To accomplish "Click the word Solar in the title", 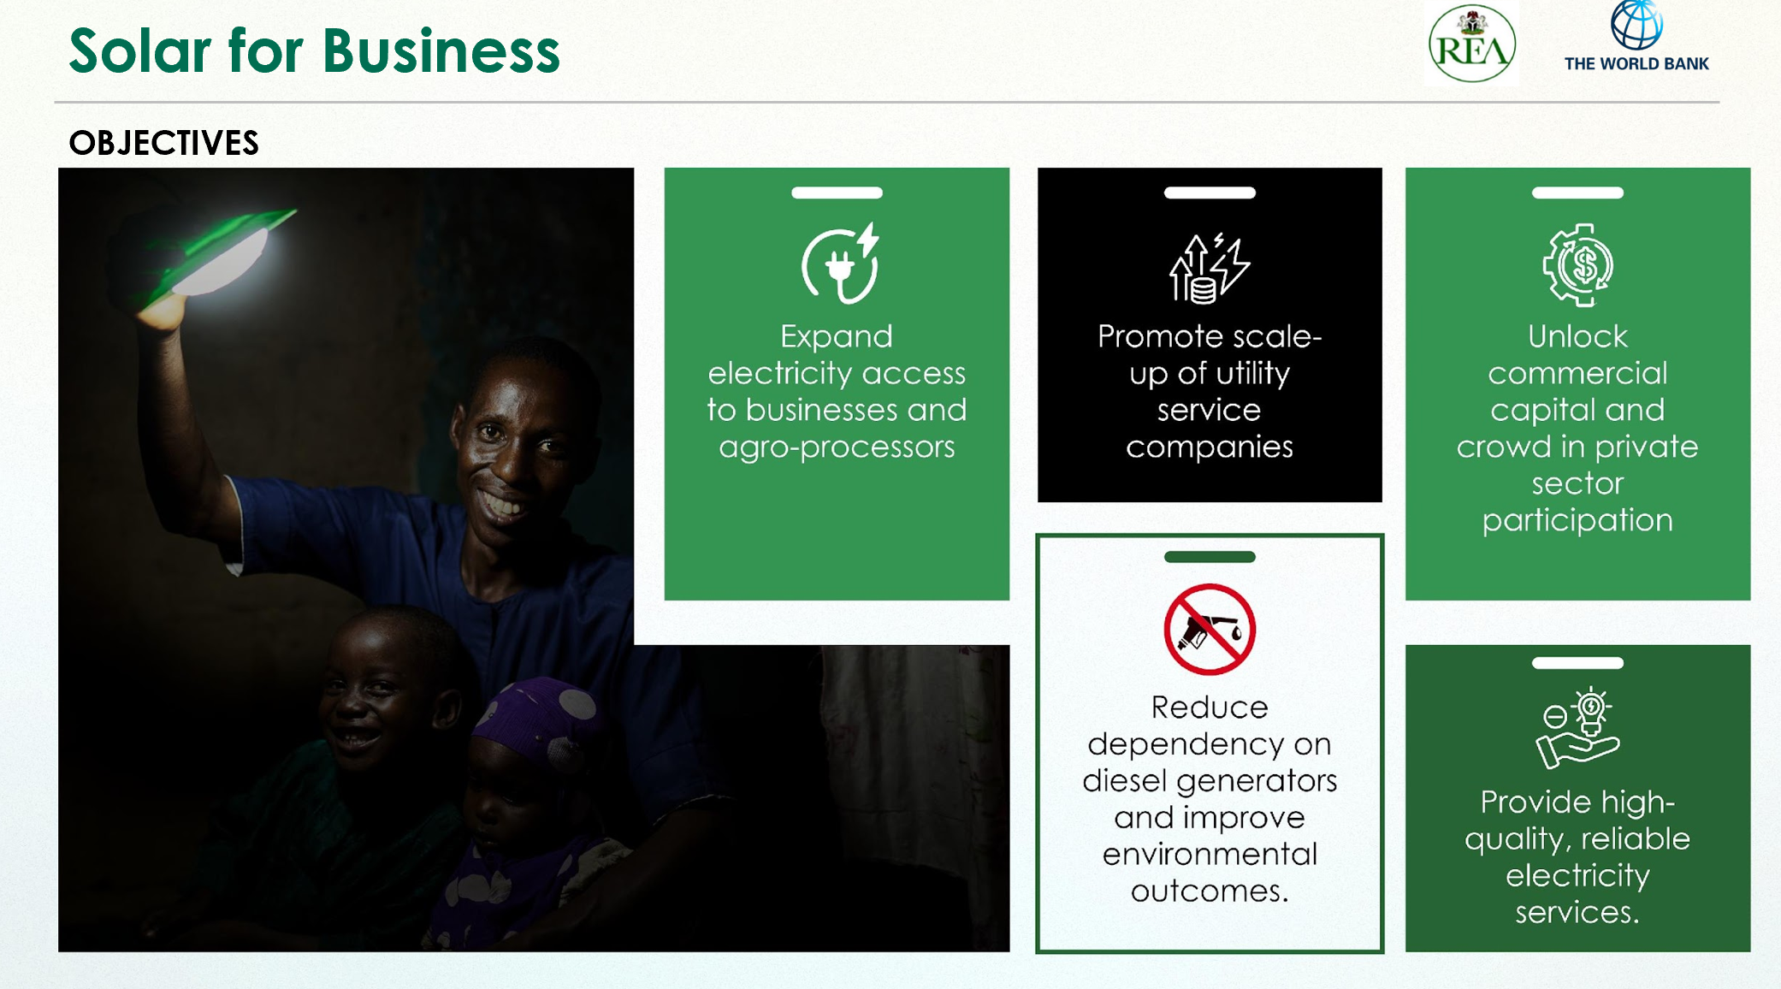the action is point(140,50).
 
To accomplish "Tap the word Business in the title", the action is point(441,50).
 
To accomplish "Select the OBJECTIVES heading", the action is point(163,143).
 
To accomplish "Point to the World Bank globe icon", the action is point(1636,24).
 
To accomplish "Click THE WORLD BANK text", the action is point(1636,63).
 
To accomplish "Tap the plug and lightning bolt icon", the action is point(840,263).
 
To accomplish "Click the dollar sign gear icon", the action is point(1578,265).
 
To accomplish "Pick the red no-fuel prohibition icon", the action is point(1210,630).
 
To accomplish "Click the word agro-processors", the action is point(837,447).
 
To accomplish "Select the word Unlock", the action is point(1577,336).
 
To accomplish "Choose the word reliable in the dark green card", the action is point(1636,838).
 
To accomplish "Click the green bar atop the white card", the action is point(1210,557).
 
